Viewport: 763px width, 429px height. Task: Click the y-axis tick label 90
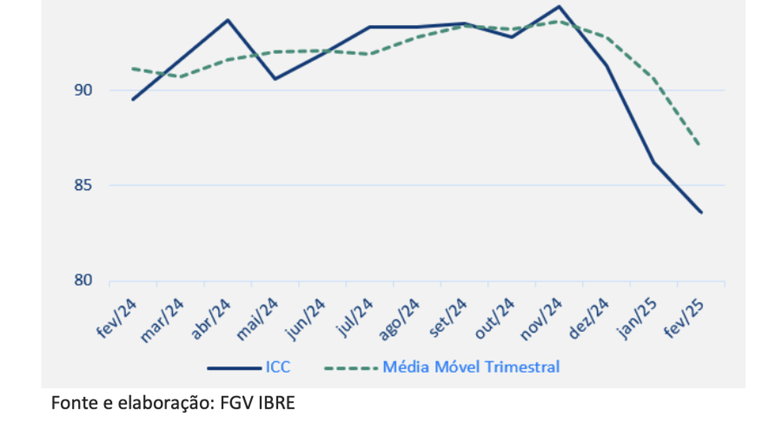point(83,91)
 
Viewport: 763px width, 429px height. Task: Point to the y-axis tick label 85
point(83,185)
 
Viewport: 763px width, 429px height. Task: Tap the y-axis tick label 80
point(83,281)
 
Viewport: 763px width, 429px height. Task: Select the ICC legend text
point(278,367)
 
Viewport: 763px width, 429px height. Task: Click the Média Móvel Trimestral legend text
point(471,367)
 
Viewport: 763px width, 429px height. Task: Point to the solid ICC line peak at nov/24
point(559,7)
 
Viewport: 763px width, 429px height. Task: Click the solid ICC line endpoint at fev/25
point(702,212)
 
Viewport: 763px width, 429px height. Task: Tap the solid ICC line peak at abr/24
point(228,20)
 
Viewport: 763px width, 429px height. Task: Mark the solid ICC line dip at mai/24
point(275,79)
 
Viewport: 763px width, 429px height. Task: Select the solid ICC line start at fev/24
point(133,100)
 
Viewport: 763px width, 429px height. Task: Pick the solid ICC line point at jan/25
point(654,162)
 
